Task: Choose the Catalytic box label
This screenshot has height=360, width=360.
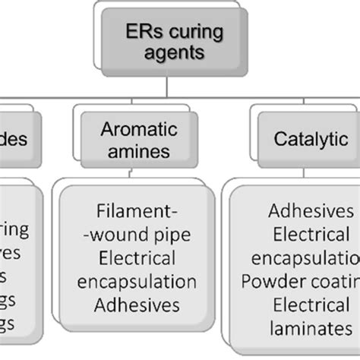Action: pyautogui.click(x=308, y=141)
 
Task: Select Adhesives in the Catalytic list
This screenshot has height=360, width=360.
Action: pyautogui.click(x=311, y=211)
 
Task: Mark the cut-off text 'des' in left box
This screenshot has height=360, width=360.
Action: pyautogui.click(x=14, y=140)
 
